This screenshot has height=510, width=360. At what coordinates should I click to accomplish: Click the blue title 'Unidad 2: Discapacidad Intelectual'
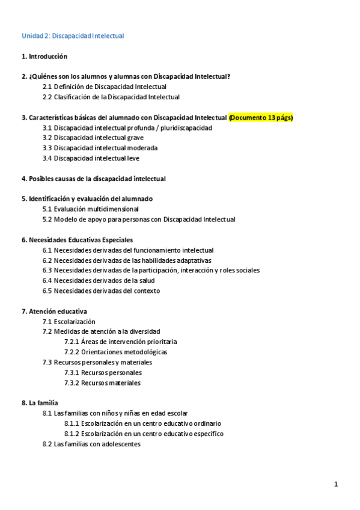73,36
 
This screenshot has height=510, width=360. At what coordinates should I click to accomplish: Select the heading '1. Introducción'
44,57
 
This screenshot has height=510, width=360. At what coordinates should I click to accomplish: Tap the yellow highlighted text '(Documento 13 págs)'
261,117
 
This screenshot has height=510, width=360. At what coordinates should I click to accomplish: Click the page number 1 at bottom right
337,484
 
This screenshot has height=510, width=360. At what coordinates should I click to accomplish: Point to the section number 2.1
47,87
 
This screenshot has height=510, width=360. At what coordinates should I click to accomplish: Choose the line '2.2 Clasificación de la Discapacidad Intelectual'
111,97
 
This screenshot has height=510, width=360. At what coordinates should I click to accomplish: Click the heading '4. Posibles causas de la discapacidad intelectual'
93,179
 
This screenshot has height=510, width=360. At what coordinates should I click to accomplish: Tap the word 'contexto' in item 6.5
146,291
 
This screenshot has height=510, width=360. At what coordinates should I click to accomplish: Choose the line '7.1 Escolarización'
69,322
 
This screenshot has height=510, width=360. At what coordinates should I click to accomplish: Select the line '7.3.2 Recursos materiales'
103,383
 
